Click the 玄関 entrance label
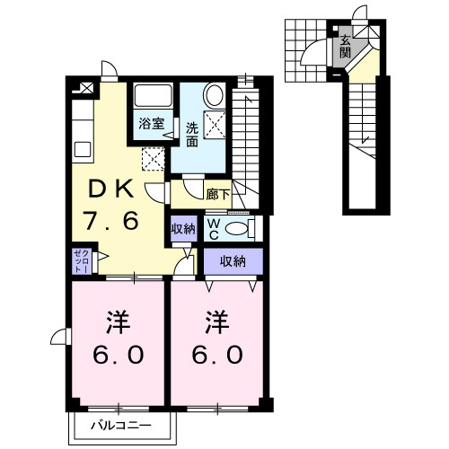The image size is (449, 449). (345, 47)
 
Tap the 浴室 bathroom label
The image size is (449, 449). (152, 123)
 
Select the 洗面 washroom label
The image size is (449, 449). (192, 135)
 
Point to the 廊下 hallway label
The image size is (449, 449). (218, 195)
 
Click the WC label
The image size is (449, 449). (214, 229)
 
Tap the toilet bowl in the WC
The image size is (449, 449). (236, 229)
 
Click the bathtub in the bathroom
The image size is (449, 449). (153, 95)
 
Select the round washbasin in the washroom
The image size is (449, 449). (215, 95)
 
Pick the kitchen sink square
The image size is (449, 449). (83, 149)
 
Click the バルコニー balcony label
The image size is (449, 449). (121, 426)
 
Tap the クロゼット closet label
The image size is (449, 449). (82, 261)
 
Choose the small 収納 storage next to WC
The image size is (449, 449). (183, 229)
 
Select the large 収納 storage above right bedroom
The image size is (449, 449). (233, 261)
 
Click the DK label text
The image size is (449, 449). (111, 189)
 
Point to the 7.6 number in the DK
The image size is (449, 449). (110, 221)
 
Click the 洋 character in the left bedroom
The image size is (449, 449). (118, 322)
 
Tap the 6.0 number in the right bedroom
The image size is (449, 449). (217, 355)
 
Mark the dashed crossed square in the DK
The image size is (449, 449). (154, 159)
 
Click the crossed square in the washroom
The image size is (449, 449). (215, 125)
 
